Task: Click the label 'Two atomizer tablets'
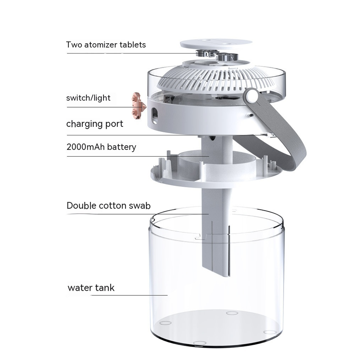(106, 45)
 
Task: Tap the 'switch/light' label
(88, 98)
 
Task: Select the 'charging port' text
(94, 124)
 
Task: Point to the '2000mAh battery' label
(101, 147)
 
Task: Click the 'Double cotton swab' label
(108, 206)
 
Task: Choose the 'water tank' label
(91, 288)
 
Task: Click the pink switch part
(139, 106)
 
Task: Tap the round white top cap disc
(216, 44)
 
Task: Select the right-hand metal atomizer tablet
(227, 57)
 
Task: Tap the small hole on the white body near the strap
(251, 115)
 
